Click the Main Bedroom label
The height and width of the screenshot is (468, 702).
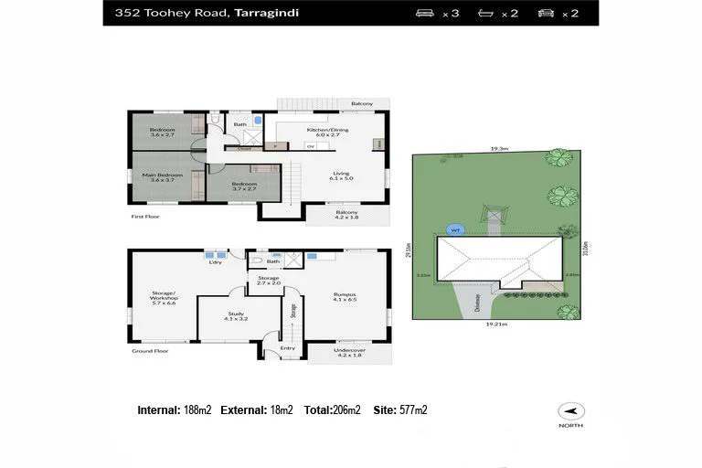pos(162,174)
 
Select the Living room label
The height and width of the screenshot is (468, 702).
pos(341,174)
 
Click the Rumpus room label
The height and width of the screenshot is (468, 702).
pos(345,294)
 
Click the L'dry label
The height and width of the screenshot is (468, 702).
pos(216,262)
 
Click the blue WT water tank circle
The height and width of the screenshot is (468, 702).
pos(454,229)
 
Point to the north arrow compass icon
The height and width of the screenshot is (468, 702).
pos(573,411)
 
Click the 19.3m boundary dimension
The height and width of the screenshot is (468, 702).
pos(498,148)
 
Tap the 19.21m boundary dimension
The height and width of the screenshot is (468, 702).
pos(497,324)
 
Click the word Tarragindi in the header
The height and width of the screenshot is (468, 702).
pos(265,13)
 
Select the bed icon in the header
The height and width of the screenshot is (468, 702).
pos(424,13)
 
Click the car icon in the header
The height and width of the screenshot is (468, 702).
pos(547,13)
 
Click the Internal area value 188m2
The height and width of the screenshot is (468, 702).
pos(197,410)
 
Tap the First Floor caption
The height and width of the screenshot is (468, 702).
pos(146,218)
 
